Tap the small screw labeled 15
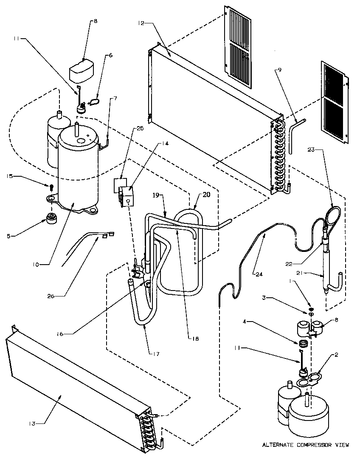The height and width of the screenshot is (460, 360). (51, 186)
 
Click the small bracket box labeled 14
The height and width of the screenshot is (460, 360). (127, 195)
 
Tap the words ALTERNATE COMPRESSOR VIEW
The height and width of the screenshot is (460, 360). (305, 445)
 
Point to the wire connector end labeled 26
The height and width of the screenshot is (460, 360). (107, 235)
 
